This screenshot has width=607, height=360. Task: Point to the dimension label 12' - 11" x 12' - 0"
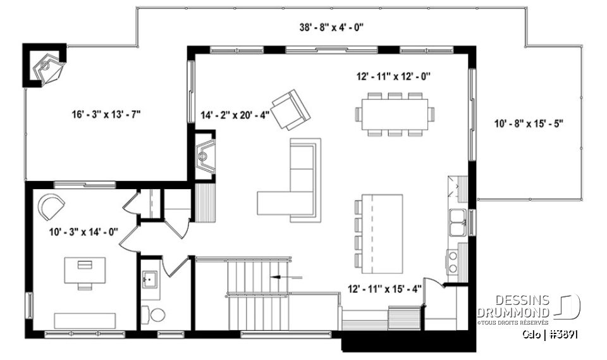pos(393,76)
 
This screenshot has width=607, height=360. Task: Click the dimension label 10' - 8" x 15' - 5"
pos(529,123)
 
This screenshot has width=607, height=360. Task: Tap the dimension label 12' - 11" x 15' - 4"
pos(384,289)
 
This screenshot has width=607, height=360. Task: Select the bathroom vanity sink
pos(151,278)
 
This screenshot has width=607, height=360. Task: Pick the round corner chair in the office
pos(51,206)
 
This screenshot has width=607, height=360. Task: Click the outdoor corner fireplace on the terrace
pos(47,66)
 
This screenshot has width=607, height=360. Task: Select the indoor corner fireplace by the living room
pos(205,152)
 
